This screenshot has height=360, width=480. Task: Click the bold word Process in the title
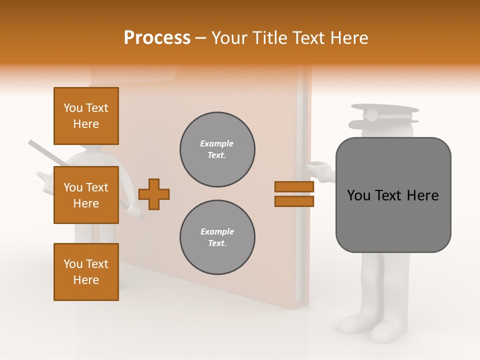coord(157,38)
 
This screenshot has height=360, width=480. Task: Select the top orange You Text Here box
coord(86,116)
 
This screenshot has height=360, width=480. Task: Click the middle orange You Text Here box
coord(86,195)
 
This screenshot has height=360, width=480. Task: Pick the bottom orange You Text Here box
coord(86,272)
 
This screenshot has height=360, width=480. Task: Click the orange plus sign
coord(154,194)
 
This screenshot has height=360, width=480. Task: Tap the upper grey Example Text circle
coord(217,149)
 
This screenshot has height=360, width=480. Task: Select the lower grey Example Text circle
coord(217,237)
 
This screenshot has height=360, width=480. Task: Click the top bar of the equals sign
coord(294,186)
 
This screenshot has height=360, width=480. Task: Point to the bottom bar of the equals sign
coord(294,201)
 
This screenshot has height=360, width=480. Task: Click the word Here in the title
coord(349,38)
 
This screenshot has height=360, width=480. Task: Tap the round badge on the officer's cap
coord(371,115)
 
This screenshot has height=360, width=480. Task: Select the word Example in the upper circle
coord(217,143)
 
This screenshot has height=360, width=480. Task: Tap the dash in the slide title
coord(200,38)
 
